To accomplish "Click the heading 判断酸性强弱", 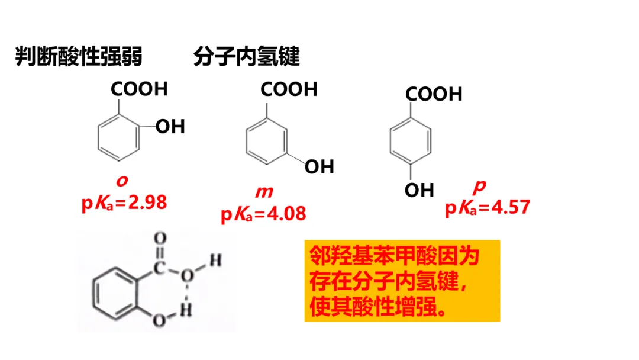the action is [x=79, y=57].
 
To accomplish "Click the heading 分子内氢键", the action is [x=246, y=57].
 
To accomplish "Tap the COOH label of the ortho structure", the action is [x=140, y=89].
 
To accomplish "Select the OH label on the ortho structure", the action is [x=170, y=126].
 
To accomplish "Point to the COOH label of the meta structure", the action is [x=289, y=89].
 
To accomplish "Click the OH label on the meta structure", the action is [x=319, y=167].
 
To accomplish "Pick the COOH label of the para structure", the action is [x=434, y=94].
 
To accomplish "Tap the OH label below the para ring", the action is [x=419, y=190].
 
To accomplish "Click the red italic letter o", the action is [x=121, y=179].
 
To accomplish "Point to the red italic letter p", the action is [x=480, y=186].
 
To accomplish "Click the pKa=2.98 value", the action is [x=124, y=202].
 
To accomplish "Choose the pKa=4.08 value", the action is [x=264, y=213].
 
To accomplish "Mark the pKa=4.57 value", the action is [x=488, y=207].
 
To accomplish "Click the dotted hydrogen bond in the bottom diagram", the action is [x=188, y=292].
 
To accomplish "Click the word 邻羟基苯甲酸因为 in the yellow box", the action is [x=394, y=257].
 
